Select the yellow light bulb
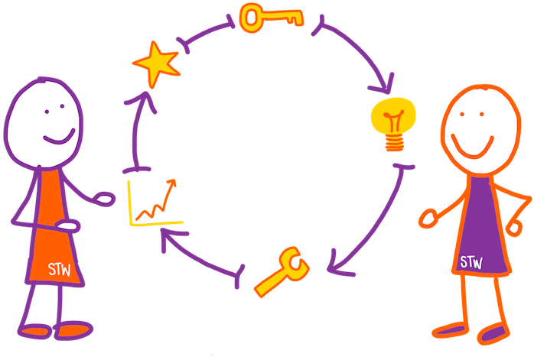point(393,122)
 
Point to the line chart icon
point(156,203)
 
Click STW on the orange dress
point(60,269)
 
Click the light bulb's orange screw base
point(395,141)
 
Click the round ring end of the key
point(251,18)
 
